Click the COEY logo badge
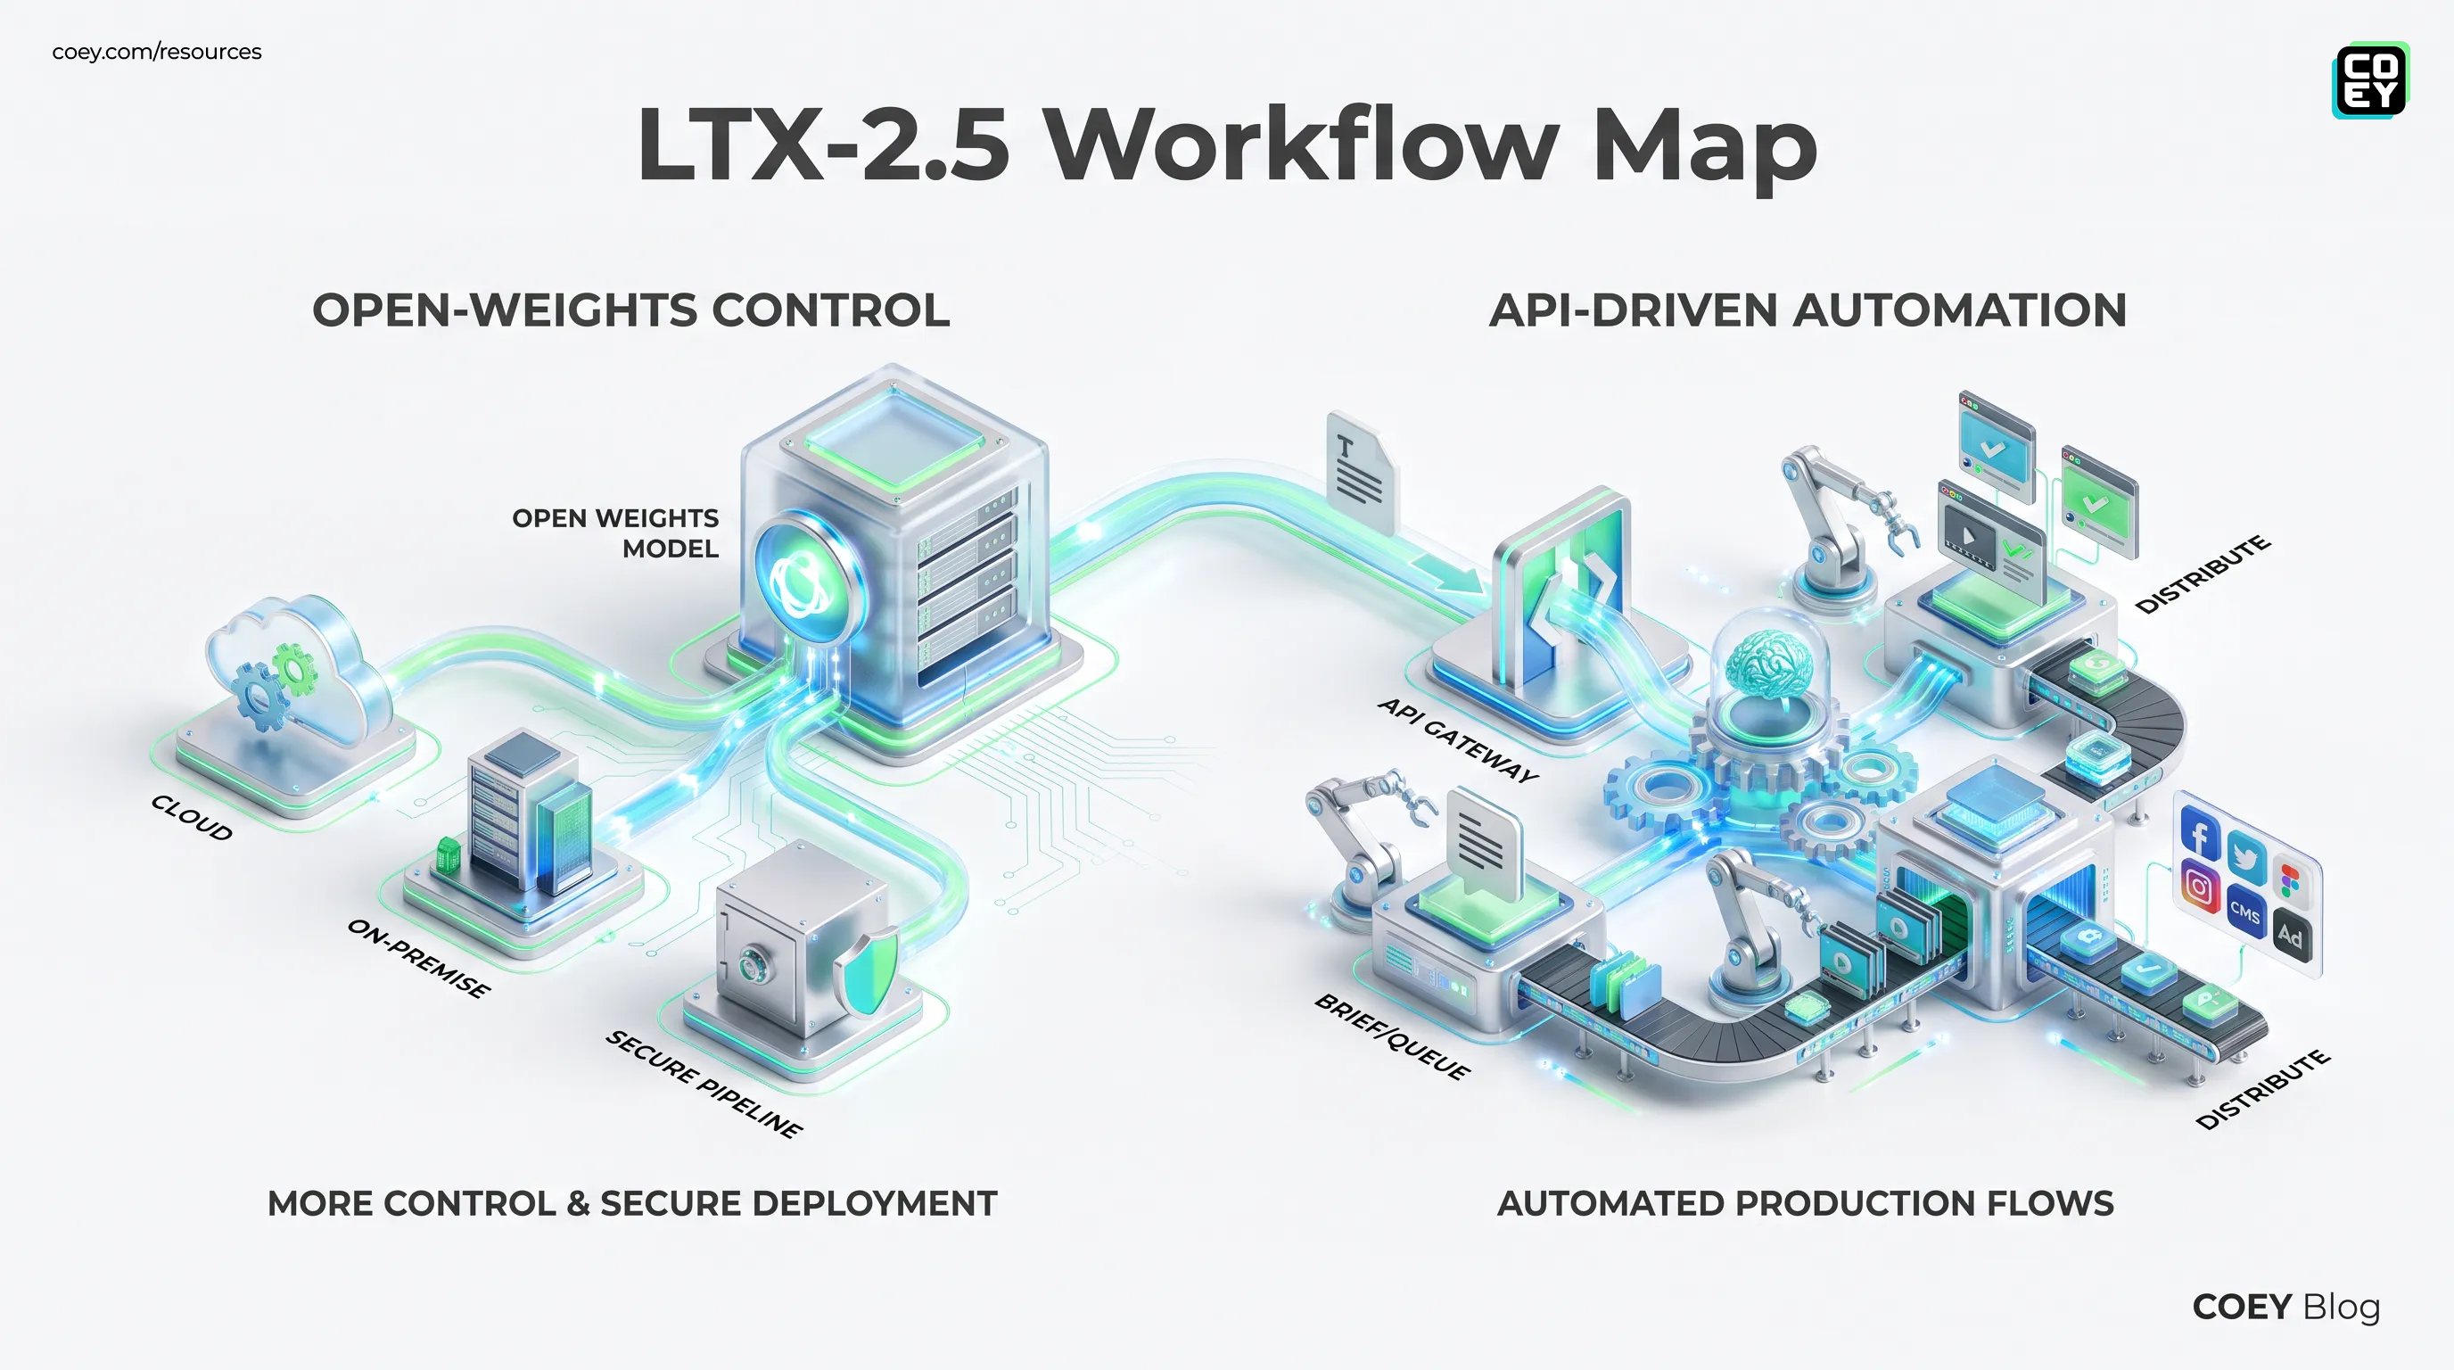tap(2370, 80)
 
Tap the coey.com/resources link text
tap(156, 52)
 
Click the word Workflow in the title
tap(1299, 144)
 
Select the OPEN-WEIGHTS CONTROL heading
tap(630, 310)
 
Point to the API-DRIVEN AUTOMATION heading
tap(1808, 310)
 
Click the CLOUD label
tap(192, 817)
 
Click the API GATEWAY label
tap(1459, 739)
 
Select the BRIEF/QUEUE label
tap(1392, 1036)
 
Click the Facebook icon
tap(2200, 833)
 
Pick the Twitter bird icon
tap(2245, 857)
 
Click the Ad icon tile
tap(2290, 936)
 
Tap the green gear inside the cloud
tap(294, 670)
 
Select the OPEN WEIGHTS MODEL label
tap(615, 532)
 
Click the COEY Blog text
tap(2286, 1308)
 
